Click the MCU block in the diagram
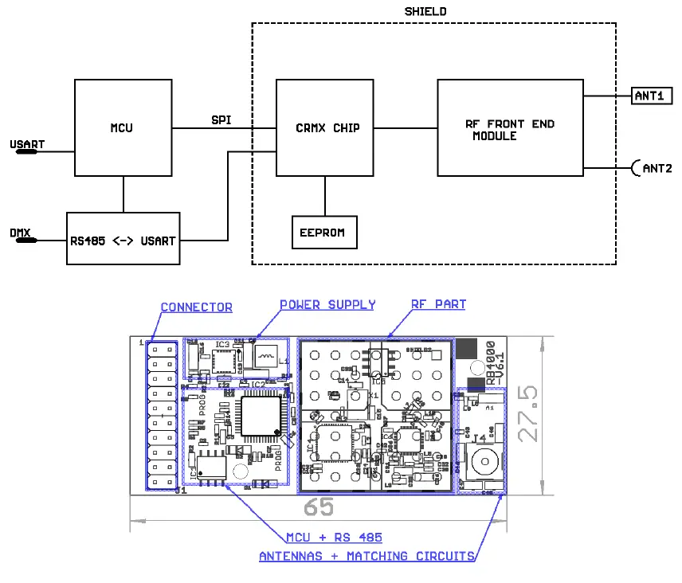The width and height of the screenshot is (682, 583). [123, 127]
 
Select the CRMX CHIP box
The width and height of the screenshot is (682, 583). [327, 127]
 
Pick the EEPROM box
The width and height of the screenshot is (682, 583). [324, 233]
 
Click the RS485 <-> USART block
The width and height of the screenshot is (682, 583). [123, 240]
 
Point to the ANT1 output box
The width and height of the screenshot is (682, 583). [652, 96]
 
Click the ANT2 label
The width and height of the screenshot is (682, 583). [656, 169]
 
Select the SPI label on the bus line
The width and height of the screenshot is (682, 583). [222, 119]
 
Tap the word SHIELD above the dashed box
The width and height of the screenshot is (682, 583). [425, 11]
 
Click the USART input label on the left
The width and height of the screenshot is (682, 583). [27, 145]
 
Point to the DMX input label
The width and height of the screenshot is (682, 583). [21, 233]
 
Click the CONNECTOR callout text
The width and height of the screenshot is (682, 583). [197, 307]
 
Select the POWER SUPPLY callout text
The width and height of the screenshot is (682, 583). [327, 304]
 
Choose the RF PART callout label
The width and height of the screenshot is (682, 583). [438, 304]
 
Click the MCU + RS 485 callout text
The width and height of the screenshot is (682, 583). [334, 538]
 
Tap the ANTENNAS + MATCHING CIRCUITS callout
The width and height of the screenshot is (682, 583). [366, 556]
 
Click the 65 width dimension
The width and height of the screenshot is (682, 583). [319, 507]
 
